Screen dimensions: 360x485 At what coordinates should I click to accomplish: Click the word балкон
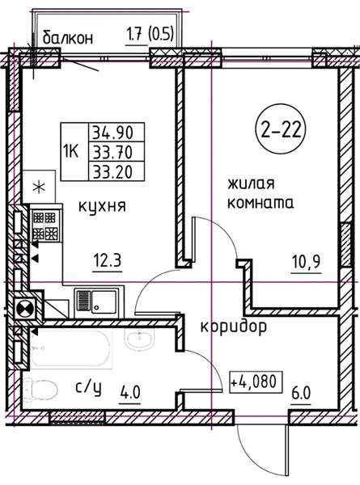pos(67,38)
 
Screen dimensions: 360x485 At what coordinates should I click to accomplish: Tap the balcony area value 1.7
pos(136,34)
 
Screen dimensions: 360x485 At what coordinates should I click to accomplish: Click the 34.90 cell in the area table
pos(116,133)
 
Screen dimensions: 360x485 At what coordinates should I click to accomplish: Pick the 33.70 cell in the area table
pos(116,152)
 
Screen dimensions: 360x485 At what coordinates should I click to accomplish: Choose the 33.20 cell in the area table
pos(116,171)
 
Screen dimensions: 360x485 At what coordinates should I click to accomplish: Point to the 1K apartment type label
pos(70,152)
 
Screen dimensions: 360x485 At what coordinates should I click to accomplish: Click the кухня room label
pos(102,206)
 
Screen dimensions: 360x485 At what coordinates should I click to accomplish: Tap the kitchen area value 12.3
pos(108,262)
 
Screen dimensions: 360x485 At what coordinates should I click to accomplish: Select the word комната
pos(260,204)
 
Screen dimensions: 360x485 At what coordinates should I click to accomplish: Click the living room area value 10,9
pos(306,263)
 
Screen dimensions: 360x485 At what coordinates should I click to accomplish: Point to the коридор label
pos(234,327)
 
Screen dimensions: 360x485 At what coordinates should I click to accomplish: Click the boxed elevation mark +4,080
pos(256,382)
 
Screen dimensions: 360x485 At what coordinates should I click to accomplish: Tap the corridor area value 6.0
pos(302,393)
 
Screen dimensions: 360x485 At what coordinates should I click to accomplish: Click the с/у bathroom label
pos(88,389)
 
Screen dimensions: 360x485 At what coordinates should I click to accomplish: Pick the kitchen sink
pos(96,302)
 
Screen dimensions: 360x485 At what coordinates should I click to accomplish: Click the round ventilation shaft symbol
pos(26,309)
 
